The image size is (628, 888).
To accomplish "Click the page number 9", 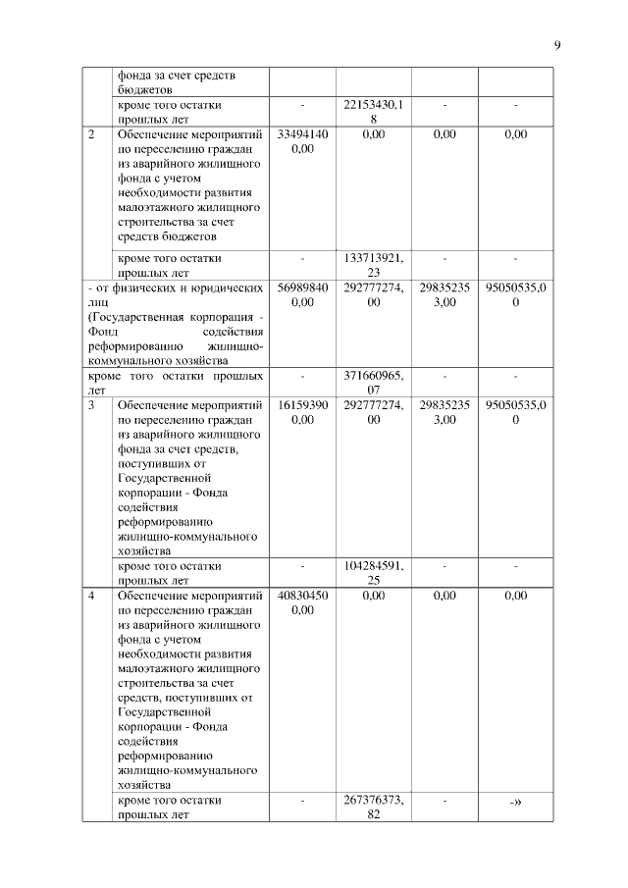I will tap(556, 44).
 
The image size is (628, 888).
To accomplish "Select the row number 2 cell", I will tap(90, 134).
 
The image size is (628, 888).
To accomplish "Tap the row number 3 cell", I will tap(90, 404).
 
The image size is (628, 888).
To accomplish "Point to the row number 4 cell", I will tap(90, 596).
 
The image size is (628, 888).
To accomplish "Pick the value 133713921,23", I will tap(373, 265).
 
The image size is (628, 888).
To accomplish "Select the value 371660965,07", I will tap(373, 383).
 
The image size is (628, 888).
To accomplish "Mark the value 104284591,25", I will tap(373, 573).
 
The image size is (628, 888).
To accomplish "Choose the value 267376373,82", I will tap(373, 808).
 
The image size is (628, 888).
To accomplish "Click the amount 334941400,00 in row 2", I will tap(302, 141).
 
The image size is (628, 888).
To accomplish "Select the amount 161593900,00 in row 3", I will tap(302, 411).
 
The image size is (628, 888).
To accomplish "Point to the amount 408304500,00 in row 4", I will tap(302, 602).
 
